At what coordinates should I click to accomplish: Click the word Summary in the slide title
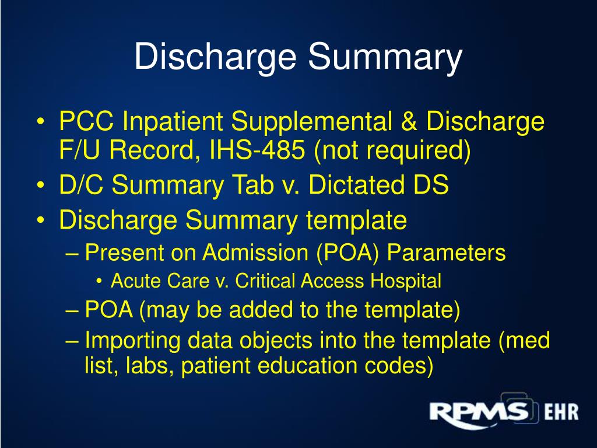[385, 57]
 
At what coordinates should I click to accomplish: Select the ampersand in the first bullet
[410, 123]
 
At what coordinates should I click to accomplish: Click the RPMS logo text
[478, 412]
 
